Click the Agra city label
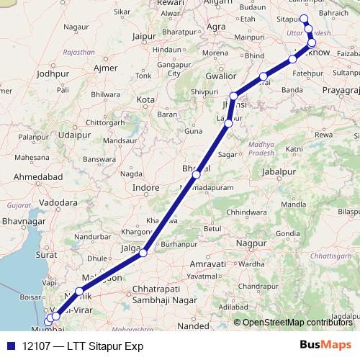pyautogui.click(x=216, y=27)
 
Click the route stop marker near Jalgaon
pyautogui.click(x=144, y=253)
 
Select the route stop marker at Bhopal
pyautogui.click(x=196, y=174)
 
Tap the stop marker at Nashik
pyautogui.click(x=79, y=291)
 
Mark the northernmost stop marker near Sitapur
pyautogui.click(x=304, y=19)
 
